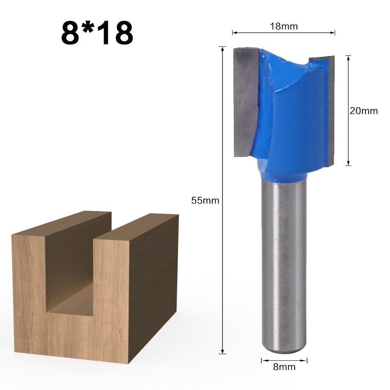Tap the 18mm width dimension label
tap(284, 26)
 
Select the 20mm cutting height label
tap(364, 111)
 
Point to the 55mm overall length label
tap(205, 201)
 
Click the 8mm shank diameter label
tap(284, 367)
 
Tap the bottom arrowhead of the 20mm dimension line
tap(348, 164)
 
